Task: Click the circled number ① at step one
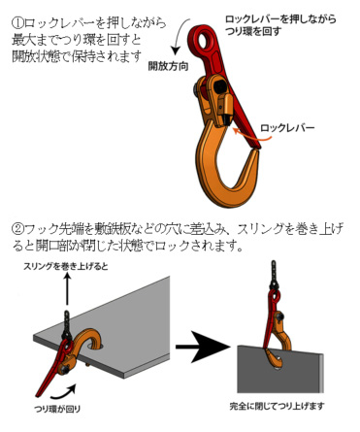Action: [18, 23]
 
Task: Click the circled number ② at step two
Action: [18, 229]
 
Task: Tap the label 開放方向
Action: [168, 66]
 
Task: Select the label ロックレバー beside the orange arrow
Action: [287, 128]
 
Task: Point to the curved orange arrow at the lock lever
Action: [252, 136]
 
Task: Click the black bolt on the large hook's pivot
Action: [196, 89]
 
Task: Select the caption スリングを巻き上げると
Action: [66, 266]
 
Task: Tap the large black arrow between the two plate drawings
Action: [203, 347]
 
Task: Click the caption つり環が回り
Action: [57, 409]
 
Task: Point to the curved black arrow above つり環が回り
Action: [64, 392]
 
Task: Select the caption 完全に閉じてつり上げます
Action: [277, 406]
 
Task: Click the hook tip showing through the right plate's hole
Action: [277, 361]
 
